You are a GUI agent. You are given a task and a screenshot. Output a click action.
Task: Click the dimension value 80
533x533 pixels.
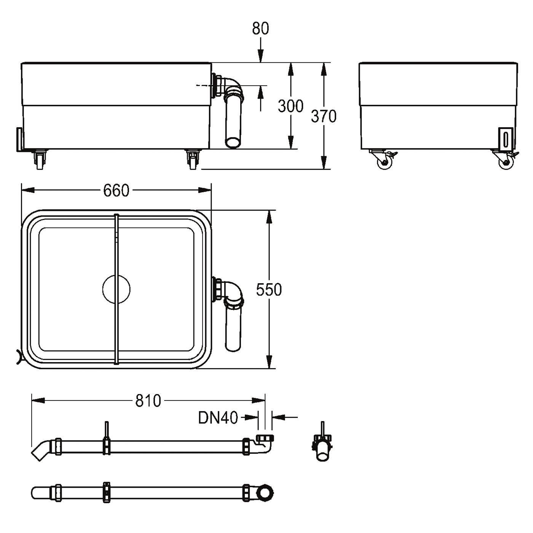tap(260, 29)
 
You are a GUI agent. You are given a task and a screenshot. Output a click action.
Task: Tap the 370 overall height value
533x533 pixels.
tap(324, 116)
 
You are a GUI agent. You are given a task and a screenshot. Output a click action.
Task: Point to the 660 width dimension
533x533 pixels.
tap(116, 191)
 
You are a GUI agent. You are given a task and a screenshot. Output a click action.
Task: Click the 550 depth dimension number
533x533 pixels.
tap(268, 290)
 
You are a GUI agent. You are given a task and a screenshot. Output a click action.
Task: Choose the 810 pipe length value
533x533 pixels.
tap(148, 401)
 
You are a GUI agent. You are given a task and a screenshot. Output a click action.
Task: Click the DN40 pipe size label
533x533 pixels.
tap(218, 418)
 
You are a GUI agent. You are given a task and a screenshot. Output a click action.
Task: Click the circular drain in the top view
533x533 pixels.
tap(116, 289)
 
